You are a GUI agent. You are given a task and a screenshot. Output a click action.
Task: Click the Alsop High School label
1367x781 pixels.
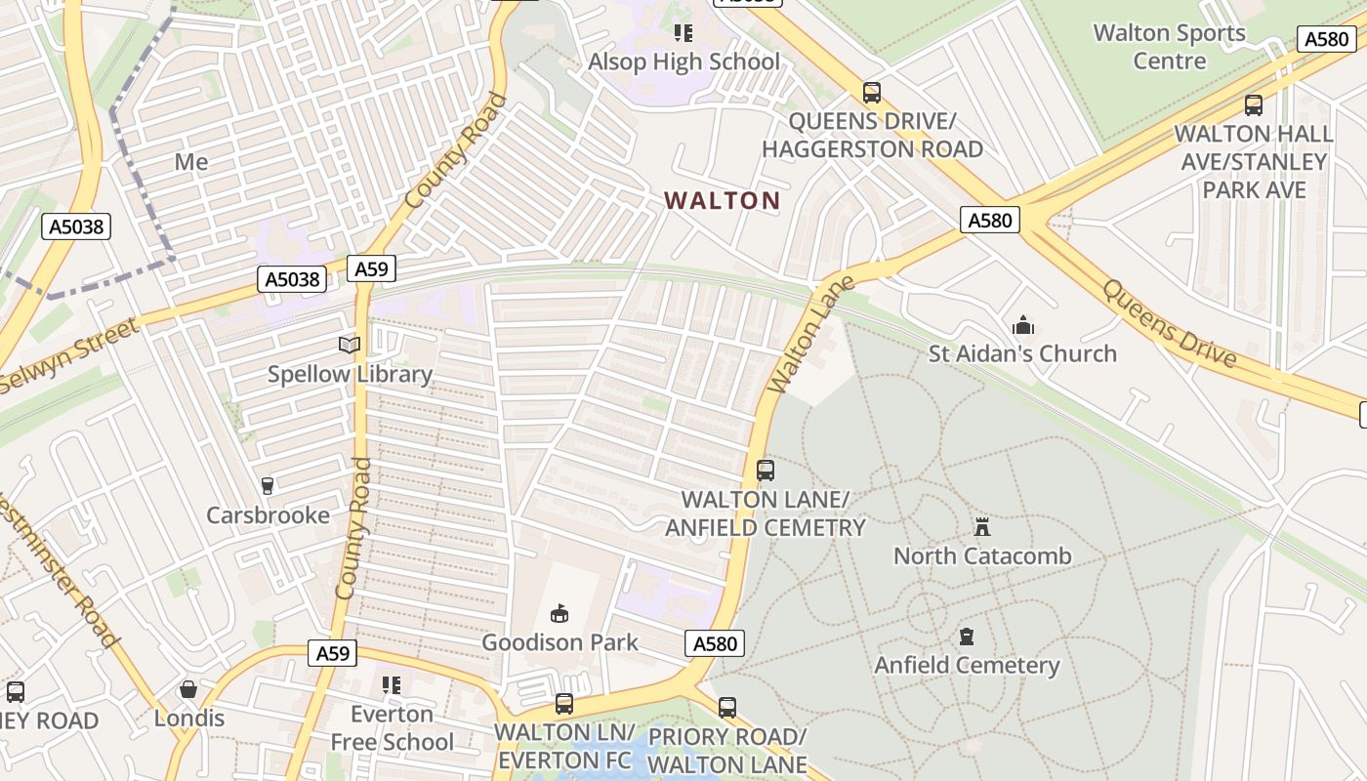tap(683, 62)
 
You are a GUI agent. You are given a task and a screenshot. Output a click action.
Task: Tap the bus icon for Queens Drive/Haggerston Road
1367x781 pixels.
tap(871, 93)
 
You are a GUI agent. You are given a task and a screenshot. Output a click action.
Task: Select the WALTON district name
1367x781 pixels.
tap(722, 201)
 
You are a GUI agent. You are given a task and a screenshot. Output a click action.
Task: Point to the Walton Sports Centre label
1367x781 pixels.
tap(1169, 46)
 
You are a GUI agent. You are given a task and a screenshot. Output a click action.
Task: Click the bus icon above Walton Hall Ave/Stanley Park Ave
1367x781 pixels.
tap(1253, 105)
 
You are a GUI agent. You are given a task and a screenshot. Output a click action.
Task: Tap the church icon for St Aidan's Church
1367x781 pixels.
tap(1022, 325)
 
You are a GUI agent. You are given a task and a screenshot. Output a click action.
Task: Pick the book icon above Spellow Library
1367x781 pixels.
tap(350, 345)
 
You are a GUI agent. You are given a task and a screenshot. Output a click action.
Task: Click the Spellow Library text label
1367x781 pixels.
tap(350, 374)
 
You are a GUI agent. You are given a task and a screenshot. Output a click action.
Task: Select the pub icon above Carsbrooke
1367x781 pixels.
tap(268, 485)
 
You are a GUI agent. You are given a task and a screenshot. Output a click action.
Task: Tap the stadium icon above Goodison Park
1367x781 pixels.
tap(559, 613)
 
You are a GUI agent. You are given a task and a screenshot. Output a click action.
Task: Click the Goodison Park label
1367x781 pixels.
tap(559, 641)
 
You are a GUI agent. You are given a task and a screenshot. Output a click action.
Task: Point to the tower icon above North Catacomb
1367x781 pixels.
tap(982, 527)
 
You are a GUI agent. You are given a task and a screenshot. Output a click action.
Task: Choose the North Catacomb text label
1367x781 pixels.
tap(982, 555)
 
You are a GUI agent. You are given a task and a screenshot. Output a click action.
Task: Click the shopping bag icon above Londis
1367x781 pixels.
tap(188, 690)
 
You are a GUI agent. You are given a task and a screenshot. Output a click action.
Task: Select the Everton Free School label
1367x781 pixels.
tap(392, 727)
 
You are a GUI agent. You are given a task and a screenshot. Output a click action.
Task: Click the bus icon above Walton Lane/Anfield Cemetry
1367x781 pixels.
tap(766, 471)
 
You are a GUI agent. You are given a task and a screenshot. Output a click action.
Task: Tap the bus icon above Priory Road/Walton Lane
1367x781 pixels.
tap(727, 708)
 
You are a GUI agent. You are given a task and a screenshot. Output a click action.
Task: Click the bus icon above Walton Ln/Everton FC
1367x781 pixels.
tap(563, 703)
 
